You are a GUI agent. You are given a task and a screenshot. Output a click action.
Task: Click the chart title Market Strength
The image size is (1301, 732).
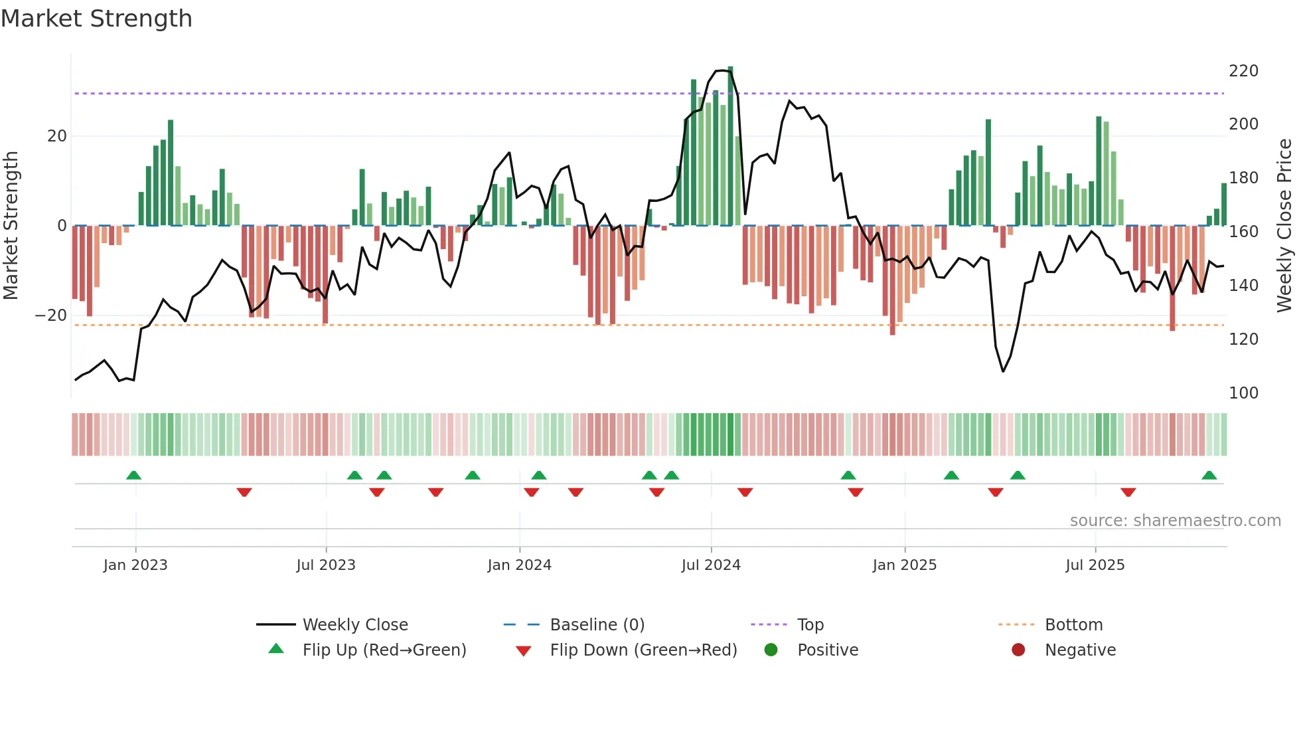coord(96,19)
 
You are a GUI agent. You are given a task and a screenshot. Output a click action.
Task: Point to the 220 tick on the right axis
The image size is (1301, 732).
coord(1243,71)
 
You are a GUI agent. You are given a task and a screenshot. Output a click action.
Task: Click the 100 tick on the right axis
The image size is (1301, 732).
coord(1243,393)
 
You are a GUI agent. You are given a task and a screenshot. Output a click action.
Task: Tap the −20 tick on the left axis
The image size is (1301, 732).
coord(51,316)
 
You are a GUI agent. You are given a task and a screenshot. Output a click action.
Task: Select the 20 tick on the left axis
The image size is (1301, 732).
coord(57,136)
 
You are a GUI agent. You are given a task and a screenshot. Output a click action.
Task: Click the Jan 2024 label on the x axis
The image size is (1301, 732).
coord(519,565)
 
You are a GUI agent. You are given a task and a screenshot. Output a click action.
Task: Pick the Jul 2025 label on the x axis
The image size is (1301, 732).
coord(1095,565)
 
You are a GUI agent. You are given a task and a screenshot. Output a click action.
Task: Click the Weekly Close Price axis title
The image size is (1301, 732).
coord(1284,226)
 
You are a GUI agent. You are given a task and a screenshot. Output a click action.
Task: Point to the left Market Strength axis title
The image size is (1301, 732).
coord(11,226)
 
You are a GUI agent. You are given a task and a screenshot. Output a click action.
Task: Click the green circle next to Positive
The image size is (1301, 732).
coord(771,650)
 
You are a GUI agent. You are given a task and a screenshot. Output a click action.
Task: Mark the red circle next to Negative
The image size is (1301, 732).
coord(1018,650)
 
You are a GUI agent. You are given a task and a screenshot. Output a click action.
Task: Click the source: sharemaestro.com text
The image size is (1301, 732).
coord(1175,521)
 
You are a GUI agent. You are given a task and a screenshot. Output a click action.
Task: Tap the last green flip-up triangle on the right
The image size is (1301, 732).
coord(1209,476)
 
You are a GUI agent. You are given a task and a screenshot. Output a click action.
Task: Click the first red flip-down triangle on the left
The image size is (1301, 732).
coord(244,492)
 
